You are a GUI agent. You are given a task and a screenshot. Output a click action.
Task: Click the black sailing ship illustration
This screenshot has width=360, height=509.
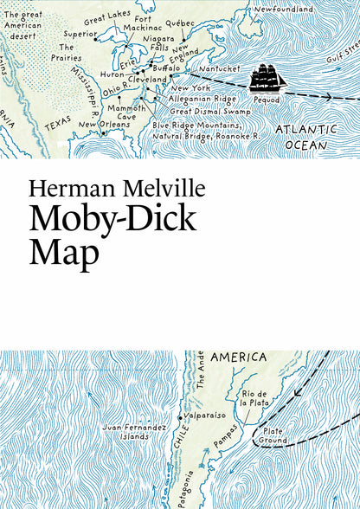(267, 78)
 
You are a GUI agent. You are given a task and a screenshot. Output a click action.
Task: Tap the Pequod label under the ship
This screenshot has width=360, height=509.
(269, 100)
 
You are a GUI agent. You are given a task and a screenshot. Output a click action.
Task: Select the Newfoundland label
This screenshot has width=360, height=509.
(284, 9)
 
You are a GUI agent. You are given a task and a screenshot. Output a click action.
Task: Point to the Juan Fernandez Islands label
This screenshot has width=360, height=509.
(131, 433)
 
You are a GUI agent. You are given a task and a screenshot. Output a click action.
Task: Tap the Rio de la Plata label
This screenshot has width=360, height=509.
(254, 398)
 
